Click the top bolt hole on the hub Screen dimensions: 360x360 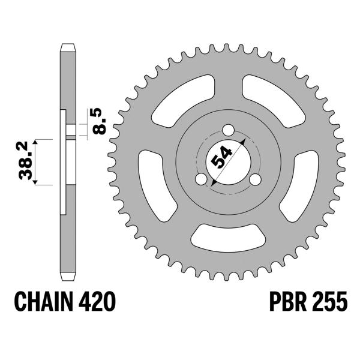coord(229,131)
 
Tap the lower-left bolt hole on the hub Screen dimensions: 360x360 coord(202,179)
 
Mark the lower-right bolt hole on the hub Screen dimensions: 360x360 coord(255,179)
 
